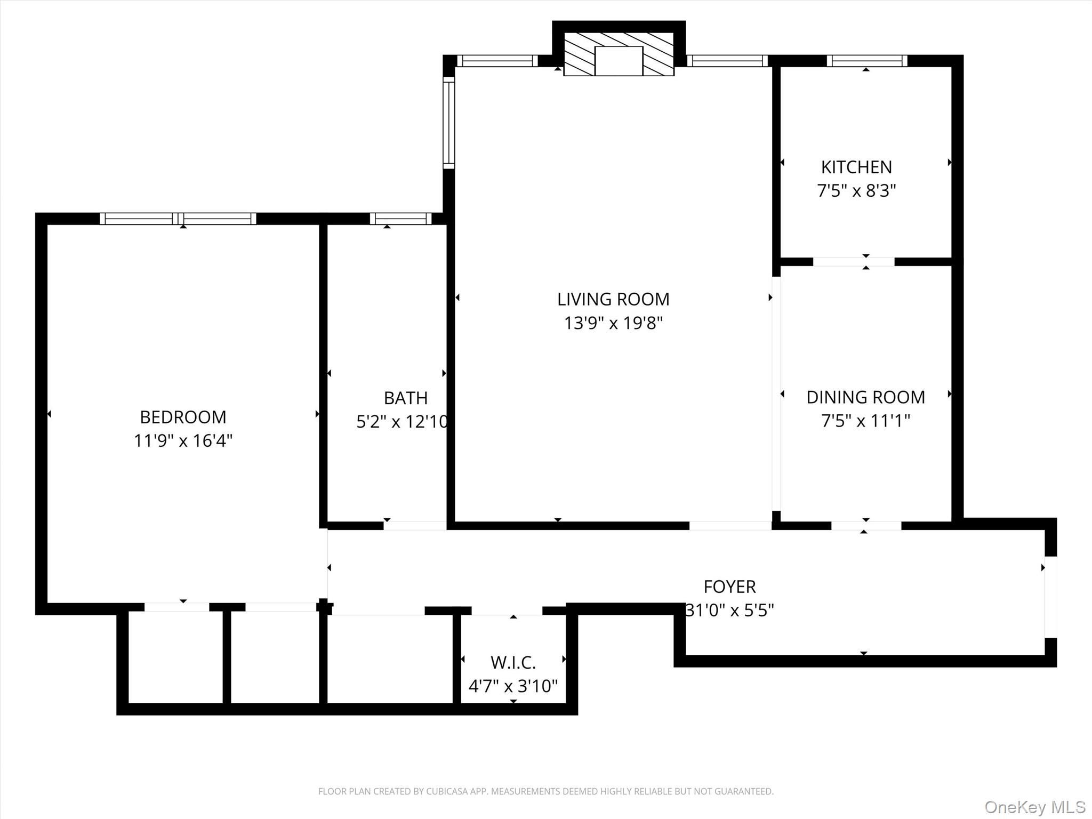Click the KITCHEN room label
coord(856,167)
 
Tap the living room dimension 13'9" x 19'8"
coord(613,323)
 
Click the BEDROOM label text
coord(183,416)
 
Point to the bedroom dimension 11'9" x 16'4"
coord(183,441)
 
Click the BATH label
coord(405,398)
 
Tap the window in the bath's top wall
coord(400,219)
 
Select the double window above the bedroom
coord(178,219)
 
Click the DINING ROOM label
coord(865,397)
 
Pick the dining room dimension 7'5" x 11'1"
coord(865,421)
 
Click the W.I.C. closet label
coord(513,662)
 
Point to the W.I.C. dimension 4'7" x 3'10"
coord(513,686)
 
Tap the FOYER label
coord(729,587)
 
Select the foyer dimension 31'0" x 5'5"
coord(729,610)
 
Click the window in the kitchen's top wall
coord(866,61)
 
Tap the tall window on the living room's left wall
coord(449,123)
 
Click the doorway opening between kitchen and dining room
coord(853,261)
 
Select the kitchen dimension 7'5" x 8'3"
coord(856,191)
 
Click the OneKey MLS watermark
coord(1034,807)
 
